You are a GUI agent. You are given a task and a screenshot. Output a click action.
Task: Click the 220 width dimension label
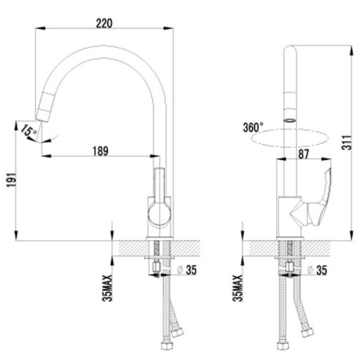(104, 23)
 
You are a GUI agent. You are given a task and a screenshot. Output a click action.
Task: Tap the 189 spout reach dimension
(101, 151)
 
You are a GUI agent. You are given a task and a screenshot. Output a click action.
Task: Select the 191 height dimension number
(11, 179)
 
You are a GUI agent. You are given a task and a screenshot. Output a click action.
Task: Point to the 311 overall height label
(347, 142)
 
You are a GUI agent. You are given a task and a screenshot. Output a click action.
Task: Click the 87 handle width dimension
(303, 154)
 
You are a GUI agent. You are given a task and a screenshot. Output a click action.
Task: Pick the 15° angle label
(29, 130)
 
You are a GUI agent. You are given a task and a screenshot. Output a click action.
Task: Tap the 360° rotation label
(253, 127)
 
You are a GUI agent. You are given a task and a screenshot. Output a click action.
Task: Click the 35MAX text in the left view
(107, 288)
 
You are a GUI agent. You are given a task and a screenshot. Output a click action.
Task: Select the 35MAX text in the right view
(238, 288)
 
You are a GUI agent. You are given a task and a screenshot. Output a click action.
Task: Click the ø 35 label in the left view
(187, 270)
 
